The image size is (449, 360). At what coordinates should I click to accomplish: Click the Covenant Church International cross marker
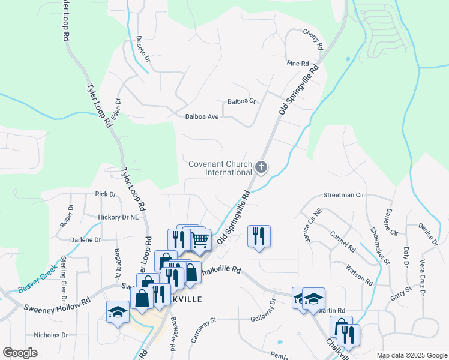(261, 167)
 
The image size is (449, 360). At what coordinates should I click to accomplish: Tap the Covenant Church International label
(220, 167)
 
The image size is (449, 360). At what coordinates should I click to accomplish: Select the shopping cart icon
(200, 239)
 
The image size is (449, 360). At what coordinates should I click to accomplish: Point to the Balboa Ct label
(241, 101)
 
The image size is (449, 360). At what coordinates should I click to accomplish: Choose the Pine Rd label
(297, 63)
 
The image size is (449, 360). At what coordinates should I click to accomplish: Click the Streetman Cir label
(344, 195)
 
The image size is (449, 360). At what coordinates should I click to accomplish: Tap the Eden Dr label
(115, 109)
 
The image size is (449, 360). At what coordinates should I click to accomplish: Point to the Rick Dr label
(105, 194)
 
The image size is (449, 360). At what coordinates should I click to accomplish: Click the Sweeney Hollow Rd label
(56, 304)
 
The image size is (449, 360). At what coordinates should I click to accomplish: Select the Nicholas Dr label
(51, 335)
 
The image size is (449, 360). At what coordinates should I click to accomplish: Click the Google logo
(20, 353)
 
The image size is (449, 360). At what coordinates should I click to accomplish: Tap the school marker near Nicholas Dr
(118, 313)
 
